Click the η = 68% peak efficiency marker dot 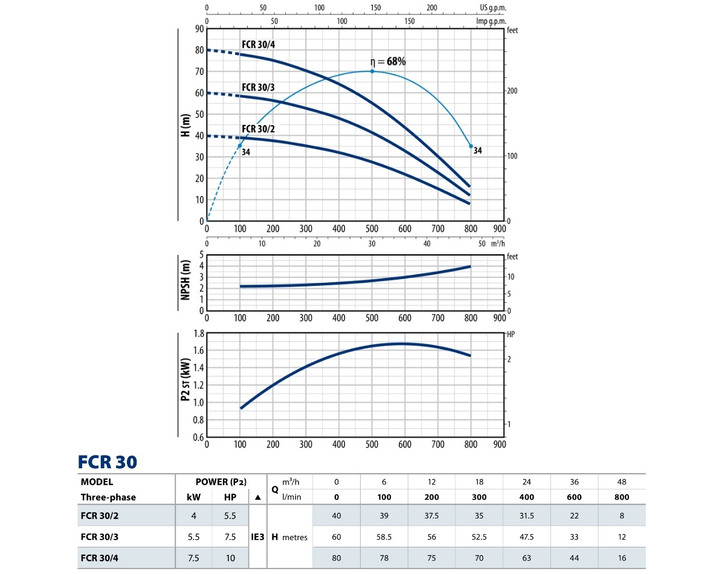(x=372, y=71)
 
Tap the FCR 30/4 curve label (x=259, y=45)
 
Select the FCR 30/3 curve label (x=259, y=87)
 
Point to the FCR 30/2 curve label (x=259, y=129)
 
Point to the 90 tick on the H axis (x=199, y=29)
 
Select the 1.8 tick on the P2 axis (x=198, y=333)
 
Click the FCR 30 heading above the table (x=108, y=462)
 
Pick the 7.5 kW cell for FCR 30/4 (x=193, y=558)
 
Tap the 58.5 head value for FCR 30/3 (x=384, y=537)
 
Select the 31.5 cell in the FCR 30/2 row (x=527, y=515)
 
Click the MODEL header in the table (x=97, y=482)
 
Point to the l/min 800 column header (x=621, y=497)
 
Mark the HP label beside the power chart (x=511, y=334)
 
